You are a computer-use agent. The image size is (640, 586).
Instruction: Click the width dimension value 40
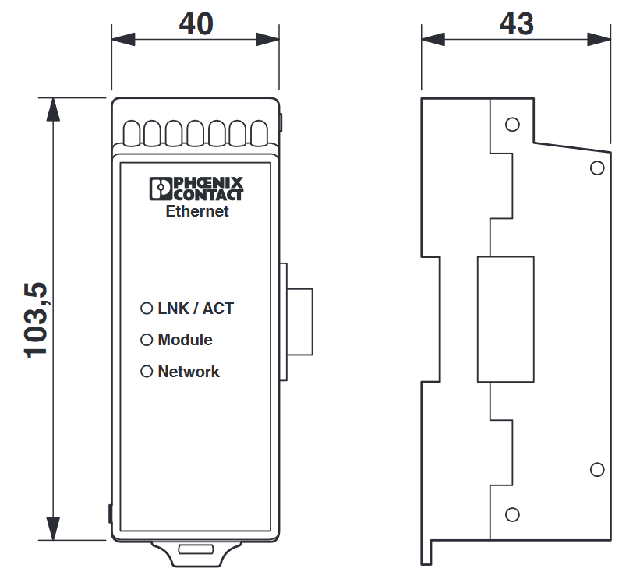point(196,23)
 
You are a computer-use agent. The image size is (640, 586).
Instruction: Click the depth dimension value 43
point(517,23)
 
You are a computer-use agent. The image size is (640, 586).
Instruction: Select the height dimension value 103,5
point(36,321)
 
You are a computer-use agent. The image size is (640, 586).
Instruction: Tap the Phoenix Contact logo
point(196,189)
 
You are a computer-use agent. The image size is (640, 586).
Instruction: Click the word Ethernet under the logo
point(197,211)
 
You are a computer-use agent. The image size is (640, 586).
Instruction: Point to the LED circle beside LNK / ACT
point(147,309)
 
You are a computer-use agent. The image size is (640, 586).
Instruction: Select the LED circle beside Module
point(147,340)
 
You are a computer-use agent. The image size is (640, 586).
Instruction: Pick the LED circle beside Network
point(147,372)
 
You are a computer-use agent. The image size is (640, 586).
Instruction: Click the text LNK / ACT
point(196,309)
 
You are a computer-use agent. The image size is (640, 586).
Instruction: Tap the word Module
point(185,340)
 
